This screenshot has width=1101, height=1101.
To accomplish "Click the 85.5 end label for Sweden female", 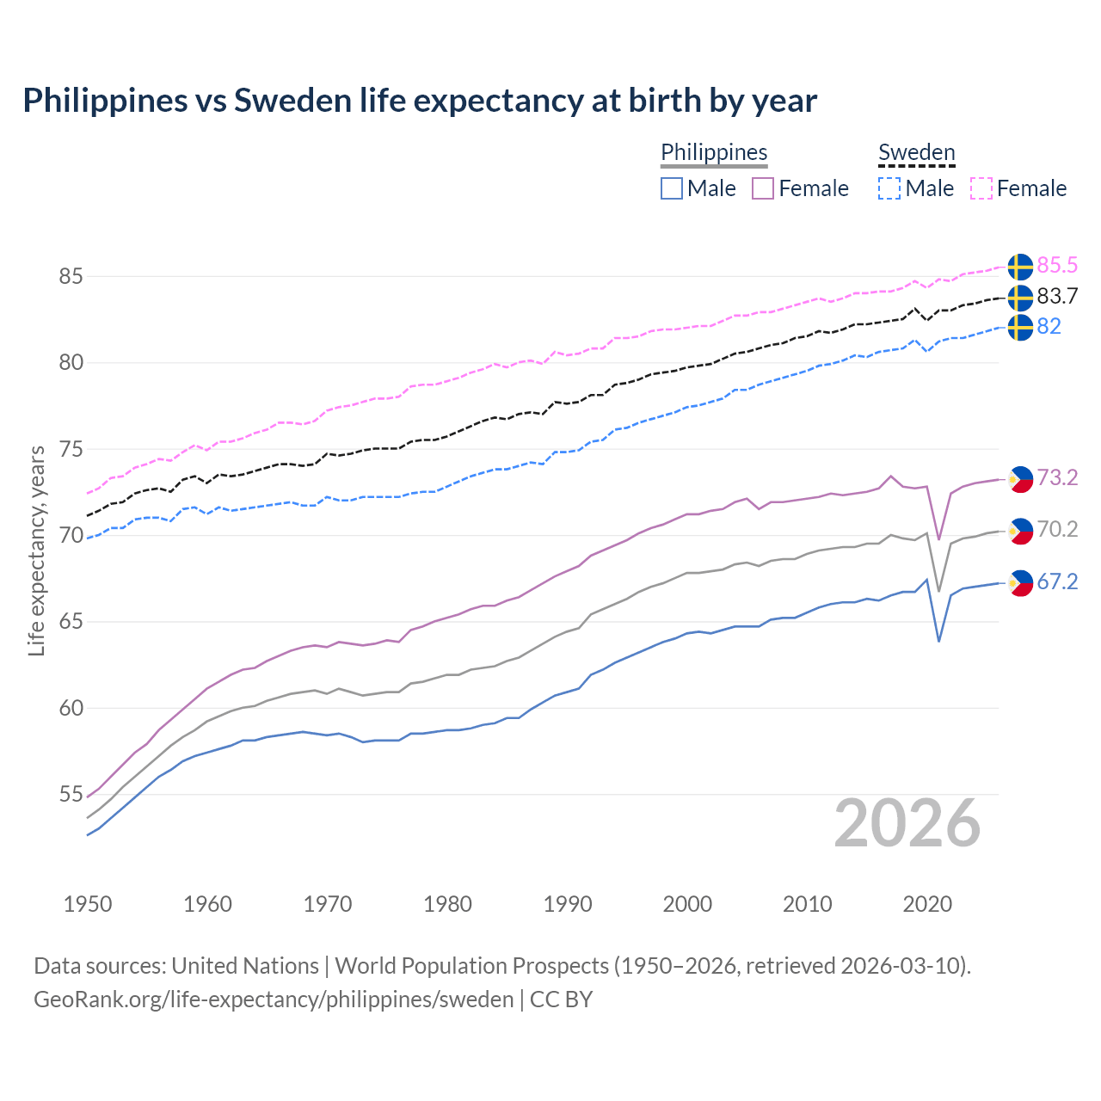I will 1057,265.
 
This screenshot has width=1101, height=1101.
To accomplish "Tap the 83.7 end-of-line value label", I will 1057,296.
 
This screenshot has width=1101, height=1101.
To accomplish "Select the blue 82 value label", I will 1049,326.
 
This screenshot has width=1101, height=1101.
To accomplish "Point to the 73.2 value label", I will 1057,477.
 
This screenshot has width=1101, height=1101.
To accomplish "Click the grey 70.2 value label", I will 1057,529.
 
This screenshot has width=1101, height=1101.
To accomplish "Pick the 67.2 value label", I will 1057,581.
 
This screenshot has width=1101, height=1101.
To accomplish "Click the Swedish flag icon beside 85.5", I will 1019,267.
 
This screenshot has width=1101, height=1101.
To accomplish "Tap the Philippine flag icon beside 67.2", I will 1019,583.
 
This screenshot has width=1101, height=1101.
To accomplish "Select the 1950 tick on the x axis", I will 88,904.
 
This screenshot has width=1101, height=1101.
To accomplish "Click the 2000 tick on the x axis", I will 687,904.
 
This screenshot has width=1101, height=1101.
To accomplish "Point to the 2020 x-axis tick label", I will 927,904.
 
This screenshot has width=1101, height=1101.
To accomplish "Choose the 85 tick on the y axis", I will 71,277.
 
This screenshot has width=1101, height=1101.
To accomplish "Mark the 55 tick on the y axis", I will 71,795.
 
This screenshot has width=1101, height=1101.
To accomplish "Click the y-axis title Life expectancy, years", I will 36,550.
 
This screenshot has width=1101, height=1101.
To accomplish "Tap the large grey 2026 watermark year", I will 907,823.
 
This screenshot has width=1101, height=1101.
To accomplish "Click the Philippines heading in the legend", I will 714,152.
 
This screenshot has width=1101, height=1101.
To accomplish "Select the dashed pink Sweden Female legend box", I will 981,188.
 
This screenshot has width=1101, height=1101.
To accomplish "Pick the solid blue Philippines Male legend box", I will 672,188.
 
